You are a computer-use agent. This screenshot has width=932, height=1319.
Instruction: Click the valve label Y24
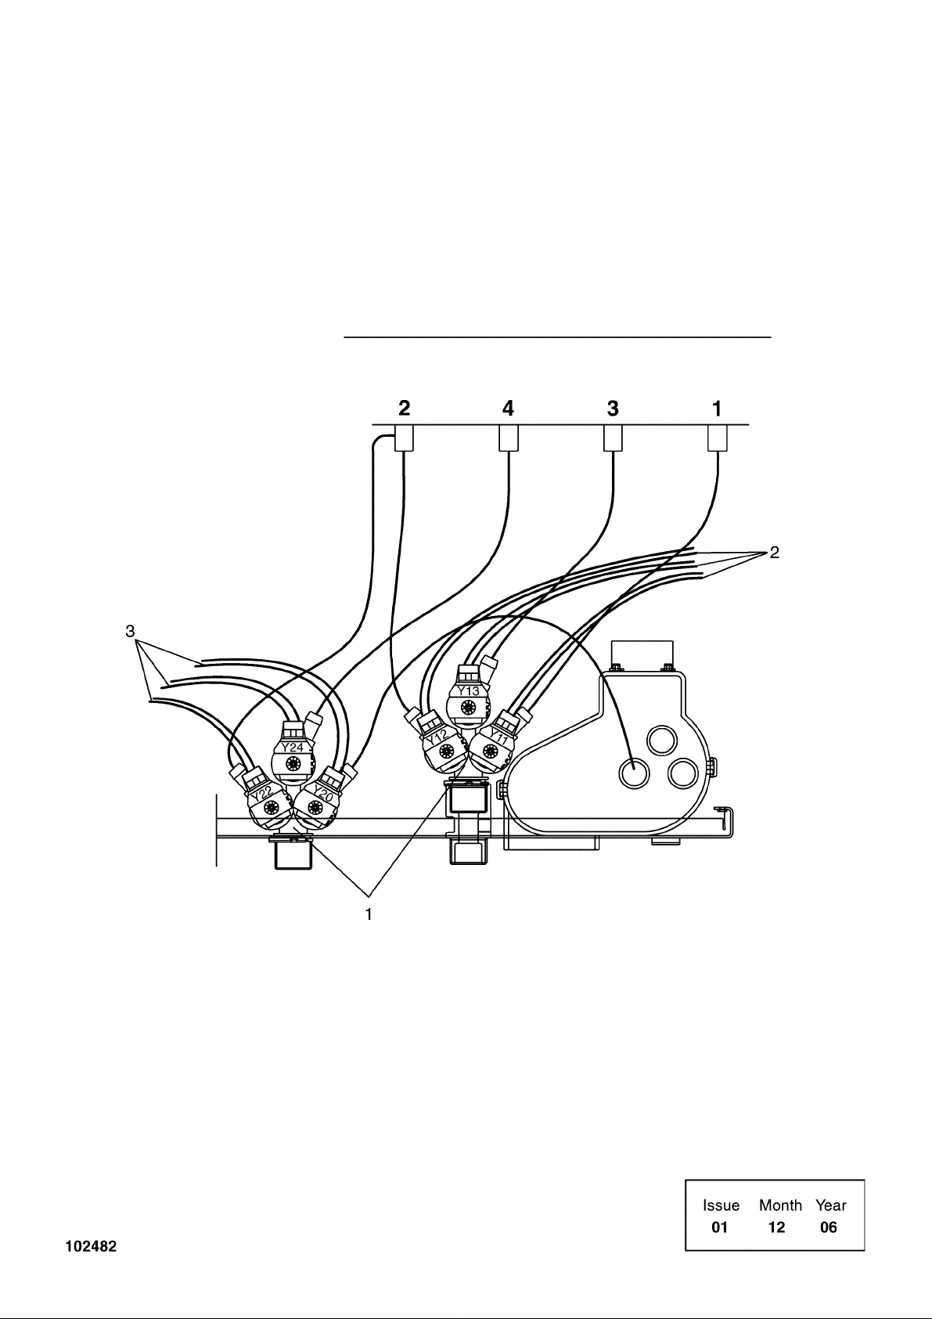(x=292, y=748)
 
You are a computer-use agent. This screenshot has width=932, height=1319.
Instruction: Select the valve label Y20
(x=324, y=792)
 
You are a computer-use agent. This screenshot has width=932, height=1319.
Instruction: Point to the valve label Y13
(x=469, y=690)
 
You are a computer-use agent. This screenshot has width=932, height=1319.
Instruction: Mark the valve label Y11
(x=498, y=736)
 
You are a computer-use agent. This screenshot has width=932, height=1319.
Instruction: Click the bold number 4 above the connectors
(x=508, y=408)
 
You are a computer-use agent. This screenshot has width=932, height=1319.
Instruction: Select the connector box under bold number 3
(x=613, y=438)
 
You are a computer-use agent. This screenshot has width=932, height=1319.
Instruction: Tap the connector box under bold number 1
(x=717, y=438)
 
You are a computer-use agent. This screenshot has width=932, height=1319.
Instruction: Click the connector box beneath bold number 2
(x=404, y=438)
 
